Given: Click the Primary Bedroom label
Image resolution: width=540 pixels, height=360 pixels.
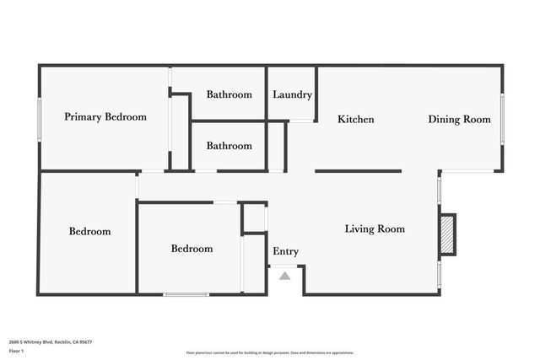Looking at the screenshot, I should [105, 117].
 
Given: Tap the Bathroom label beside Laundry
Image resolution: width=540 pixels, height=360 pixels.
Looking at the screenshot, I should [229, 94].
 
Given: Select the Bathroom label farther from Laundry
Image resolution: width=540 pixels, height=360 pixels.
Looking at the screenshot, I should [229, 146].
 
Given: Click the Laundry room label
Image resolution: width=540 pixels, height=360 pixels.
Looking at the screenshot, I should [292, 94].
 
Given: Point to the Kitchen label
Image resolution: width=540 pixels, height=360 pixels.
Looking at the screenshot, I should [356, 120].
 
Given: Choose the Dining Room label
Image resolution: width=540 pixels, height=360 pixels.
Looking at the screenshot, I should [459, 120].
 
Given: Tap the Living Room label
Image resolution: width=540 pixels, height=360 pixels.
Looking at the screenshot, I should [375, 228].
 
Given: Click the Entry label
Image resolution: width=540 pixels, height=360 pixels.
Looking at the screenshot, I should [285, 251].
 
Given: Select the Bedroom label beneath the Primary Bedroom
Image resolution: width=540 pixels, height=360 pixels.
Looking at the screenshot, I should [90, 231].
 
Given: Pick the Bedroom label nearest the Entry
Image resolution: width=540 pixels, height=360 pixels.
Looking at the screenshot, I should [192, 249].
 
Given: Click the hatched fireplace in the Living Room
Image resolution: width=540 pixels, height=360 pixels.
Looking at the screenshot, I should [446, 234].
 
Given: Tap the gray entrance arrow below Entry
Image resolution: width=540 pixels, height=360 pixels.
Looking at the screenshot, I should [285, 276].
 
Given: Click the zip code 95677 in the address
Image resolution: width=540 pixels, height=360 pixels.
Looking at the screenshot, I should [84, 341].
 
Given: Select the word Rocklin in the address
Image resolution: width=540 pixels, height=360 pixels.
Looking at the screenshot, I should [64, 341].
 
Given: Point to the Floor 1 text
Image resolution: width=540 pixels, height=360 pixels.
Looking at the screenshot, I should [15, 350].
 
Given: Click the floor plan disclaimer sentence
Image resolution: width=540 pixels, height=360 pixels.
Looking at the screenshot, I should [269, 352].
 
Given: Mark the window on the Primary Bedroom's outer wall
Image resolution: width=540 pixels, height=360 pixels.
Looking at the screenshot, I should [39, 118].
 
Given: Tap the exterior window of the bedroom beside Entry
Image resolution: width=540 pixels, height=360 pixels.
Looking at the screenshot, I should [186, 294].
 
